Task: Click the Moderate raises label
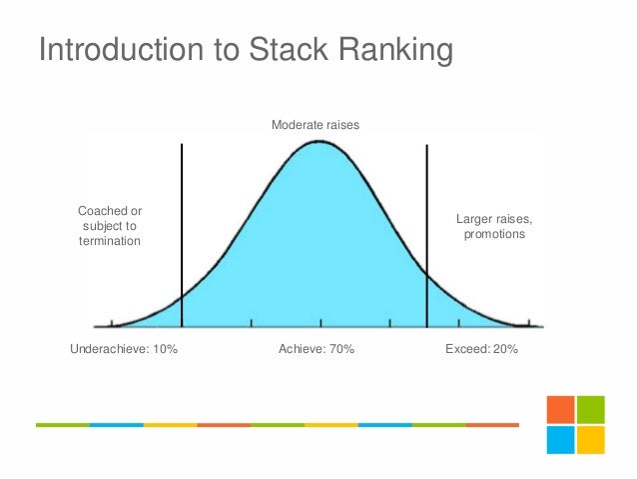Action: click(316, 126)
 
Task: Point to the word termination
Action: click(110, 242)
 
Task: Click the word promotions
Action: click(494, 235)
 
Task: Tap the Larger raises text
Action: click(494, 219)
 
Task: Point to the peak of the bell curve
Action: click(318, 142)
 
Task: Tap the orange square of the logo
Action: click(560, 410)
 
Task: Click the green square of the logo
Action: click(591, 410)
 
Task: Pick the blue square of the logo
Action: click(560, 440)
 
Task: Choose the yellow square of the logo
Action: click(591, 440)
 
